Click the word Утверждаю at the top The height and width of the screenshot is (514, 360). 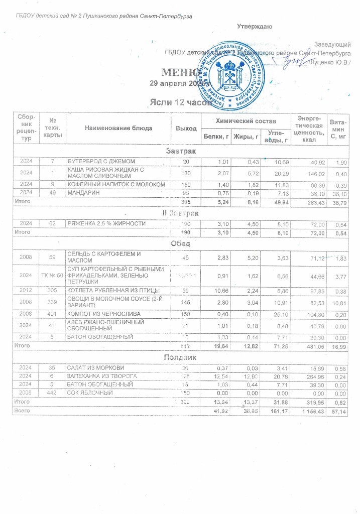(x=255, y=27)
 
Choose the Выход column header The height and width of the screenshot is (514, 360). (x=186, y=128)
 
